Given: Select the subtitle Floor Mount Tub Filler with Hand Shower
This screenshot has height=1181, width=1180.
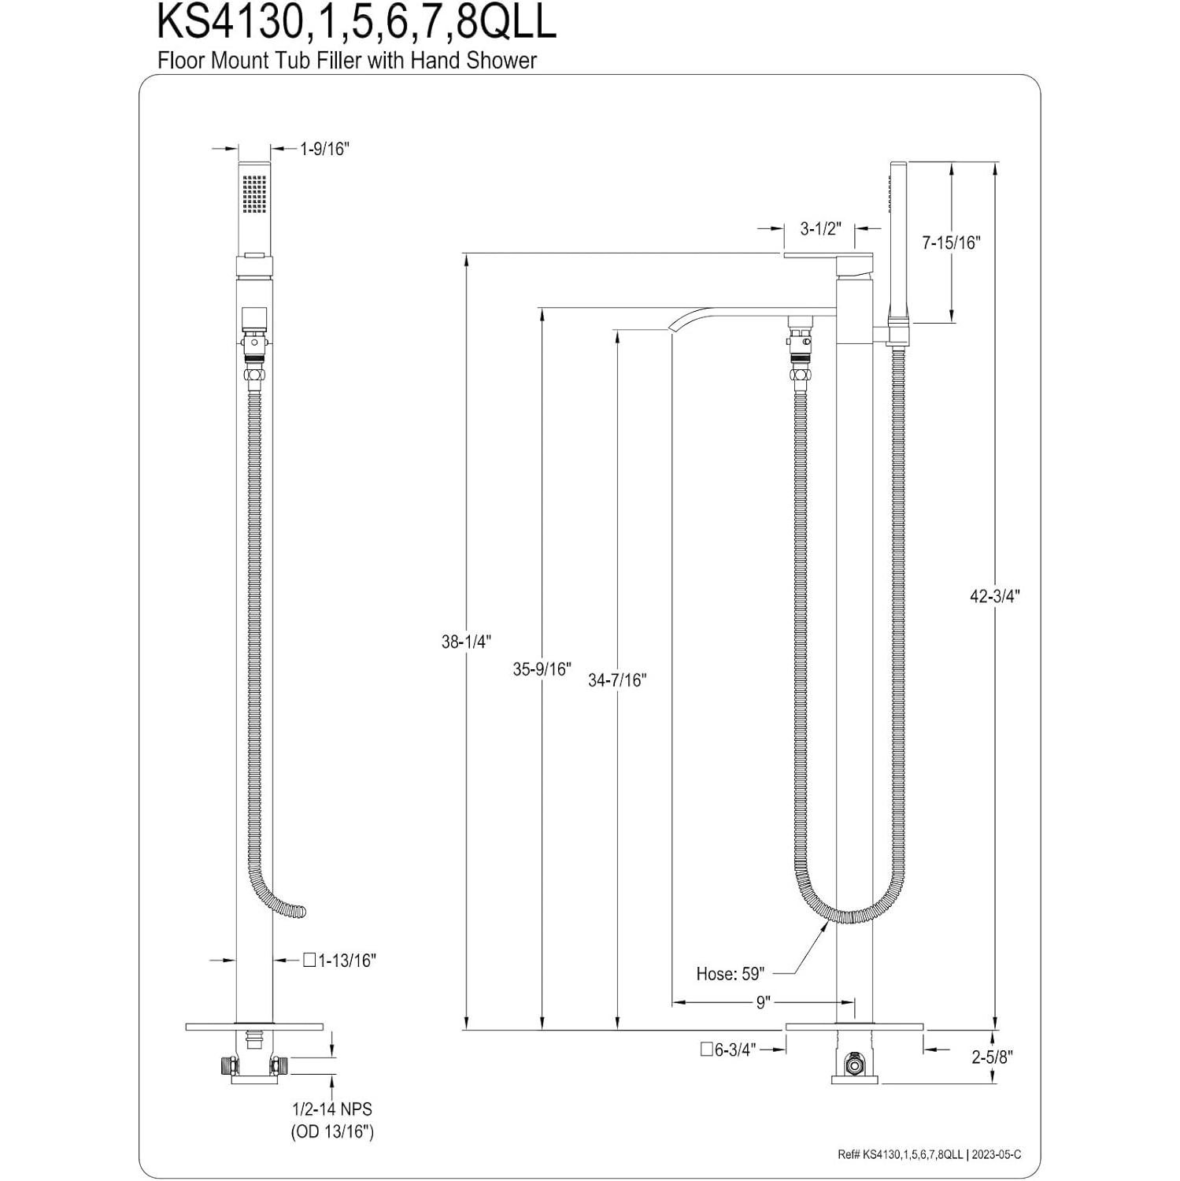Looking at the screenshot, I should [347, 61].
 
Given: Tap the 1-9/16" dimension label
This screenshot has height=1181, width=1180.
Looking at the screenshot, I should [324, 149].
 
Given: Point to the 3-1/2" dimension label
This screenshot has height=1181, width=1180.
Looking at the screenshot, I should [820, 228].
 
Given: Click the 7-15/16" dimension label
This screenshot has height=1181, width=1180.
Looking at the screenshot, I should [951, 242].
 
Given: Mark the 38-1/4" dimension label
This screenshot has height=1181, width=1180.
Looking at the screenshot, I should [466, 642].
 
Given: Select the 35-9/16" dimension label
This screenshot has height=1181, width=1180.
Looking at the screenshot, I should [541, 669].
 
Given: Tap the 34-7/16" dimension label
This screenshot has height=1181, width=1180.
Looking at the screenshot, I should [616, 679].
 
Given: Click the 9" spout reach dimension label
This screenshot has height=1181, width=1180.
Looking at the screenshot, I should [762, 1002].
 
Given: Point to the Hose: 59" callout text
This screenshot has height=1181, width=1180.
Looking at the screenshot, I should [730, 974].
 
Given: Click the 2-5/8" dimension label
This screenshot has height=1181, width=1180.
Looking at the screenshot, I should [991, 1057].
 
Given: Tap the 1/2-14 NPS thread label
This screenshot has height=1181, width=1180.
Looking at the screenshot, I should [332, 1109].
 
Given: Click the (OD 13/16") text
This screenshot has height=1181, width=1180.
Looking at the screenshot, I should [333, 1131].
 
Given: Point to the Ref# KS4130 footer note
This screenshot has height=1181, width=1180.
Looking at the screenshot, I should [929, 1155].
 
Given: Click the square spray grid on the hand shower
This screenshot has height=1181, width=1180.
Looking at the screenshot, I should [254, 194].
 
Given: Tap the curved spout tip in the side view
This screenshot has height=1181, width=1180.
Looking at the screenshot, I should [676, 326].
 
